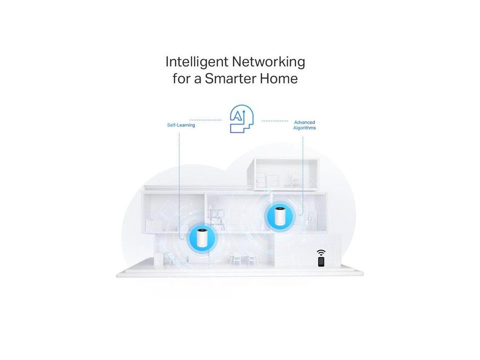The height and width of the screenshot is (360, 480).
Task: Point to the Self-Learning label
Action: (x=181, y=126)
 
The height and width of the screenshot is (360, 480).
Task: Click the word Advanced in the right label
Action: (x=304, y=122)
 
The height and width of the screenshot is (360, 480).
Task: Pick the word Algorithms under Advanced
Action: (x=304, y=128)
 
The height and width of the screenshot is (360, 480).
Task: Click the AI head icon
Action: (x=241, y=120)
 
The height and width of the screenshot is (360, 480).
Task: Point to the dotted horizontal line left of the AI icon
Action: (x=205, y=120)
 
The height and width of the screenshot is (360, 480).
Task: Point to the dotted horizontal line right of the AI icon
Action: (x=275, y=120)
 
